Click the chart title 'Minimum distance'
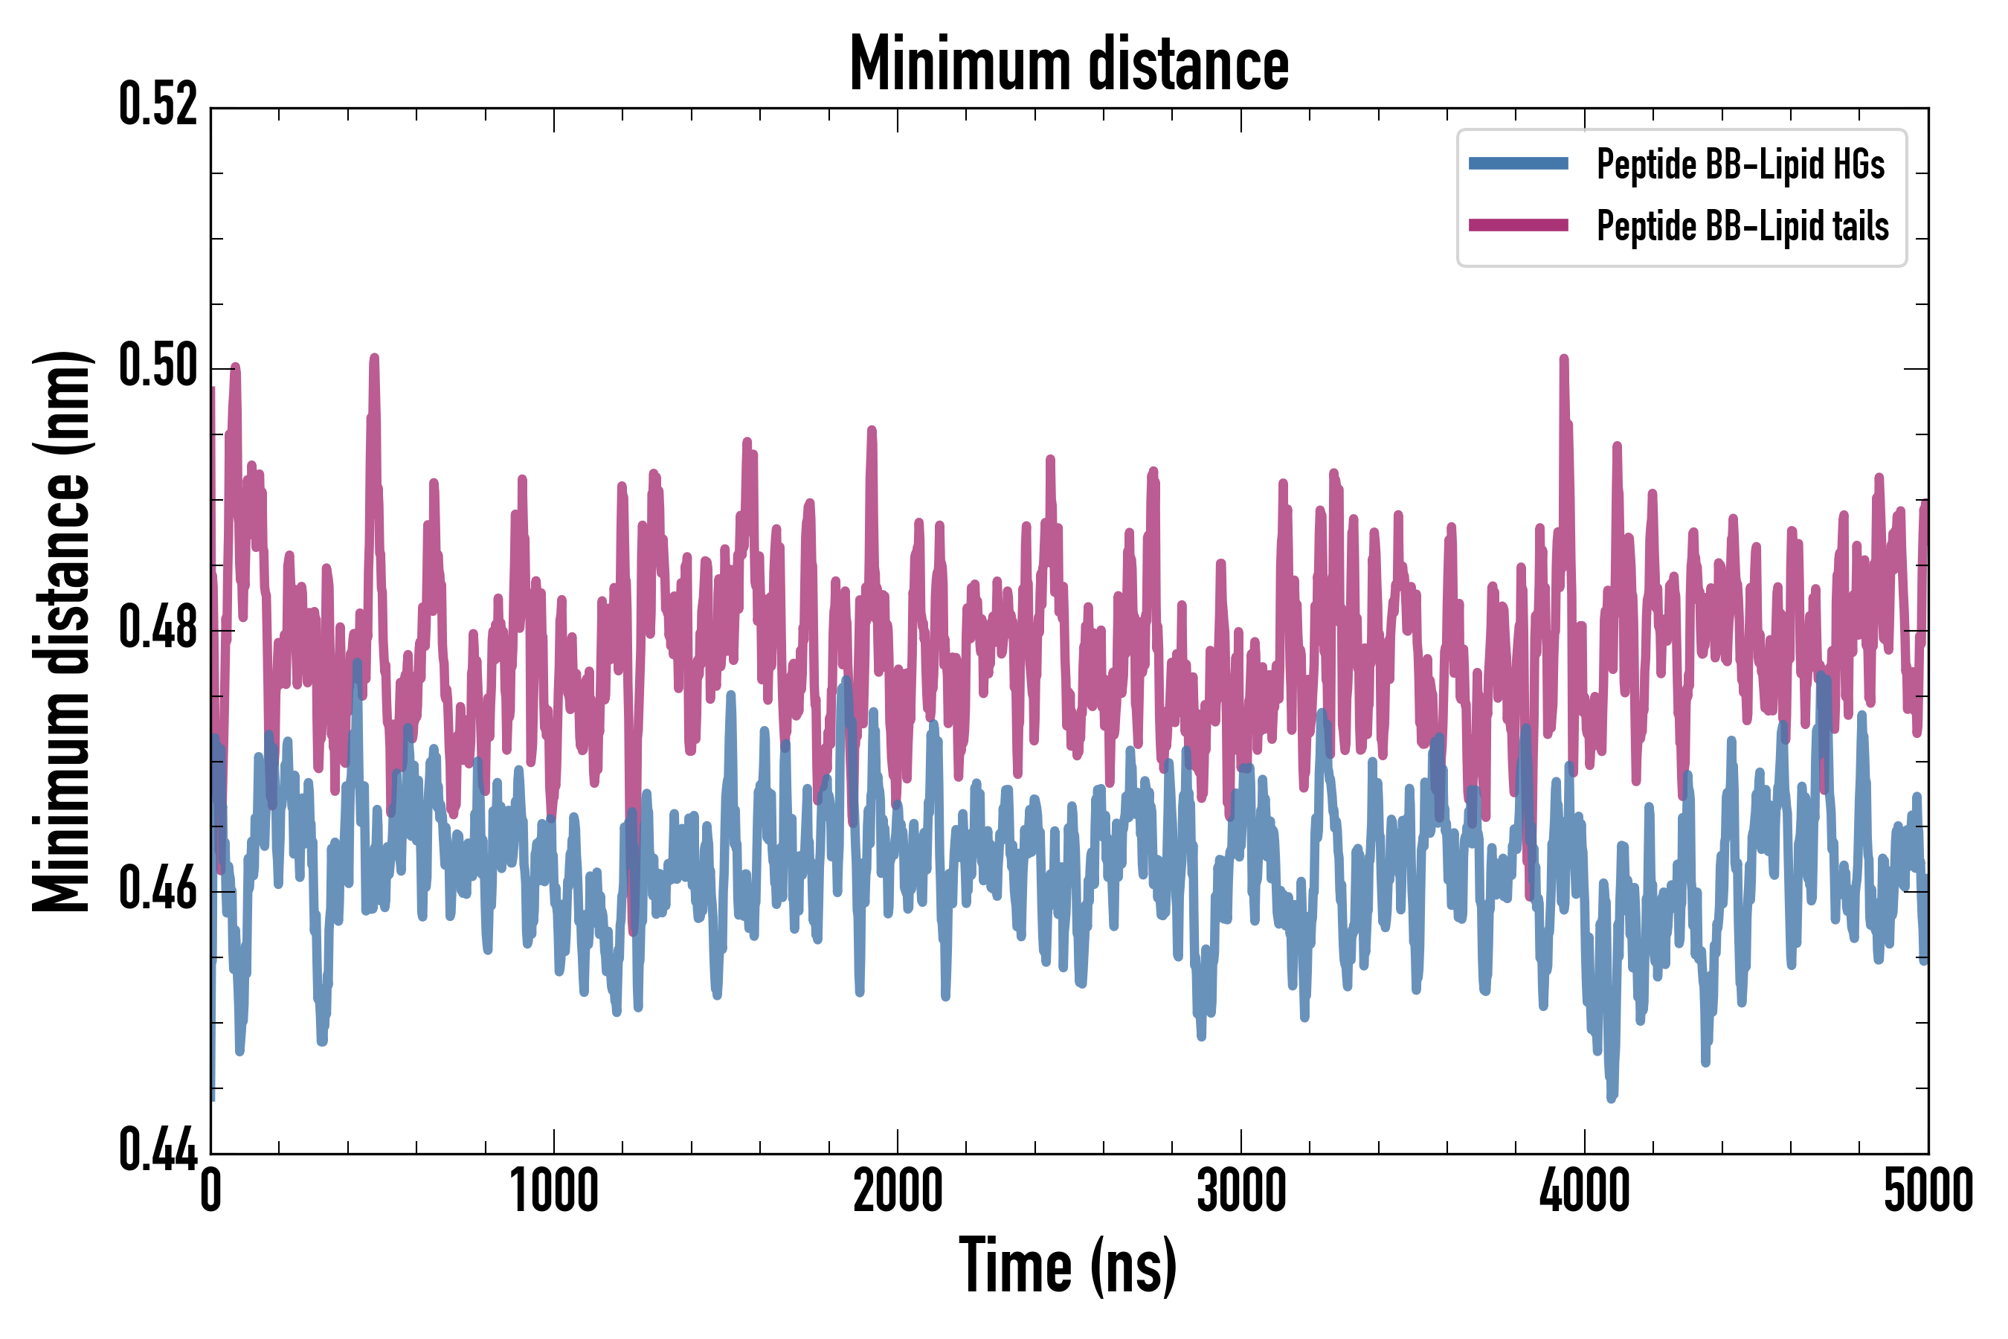(1069, 64)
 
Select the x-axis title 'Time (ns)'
(1068, 1265)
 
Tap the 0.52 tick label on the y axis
(158, 105)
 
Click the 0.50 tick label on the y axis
(158, 366)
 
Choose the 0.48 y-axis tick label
(158, 628)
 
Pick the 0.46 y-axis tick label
(158, 889)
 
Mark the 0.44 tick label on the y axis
(158, 1150)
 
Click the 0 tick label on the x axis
(211, 1191)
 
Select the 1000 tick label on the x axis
(554, 1191)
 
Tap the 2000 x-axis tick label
(898, 1191)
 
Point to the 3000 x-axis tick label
(1240, 1191)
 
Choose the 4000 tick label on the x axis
(1585, 1191)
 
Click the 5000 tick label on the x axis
(1928, 1191)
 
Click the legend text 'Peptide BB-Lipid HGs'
(1740, 164)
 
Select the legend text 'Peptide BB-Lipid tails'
(1742, 226)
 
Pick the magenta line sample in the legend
(1518, 225)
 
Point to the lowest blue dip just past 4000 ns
(1612, 1097)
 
